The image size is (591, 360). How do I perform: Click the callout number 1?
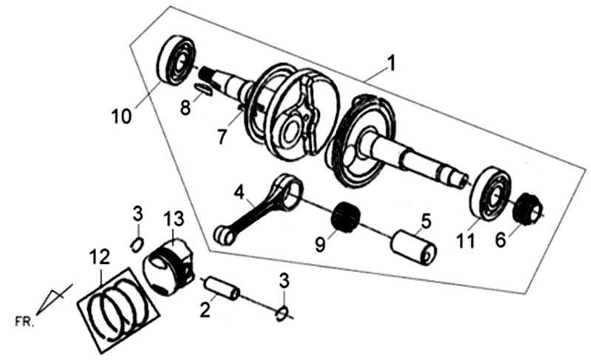[391, 64]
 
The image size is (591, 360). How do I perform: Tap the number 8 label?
[185, 107]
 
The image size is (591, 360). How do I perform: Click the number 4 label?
[238, 194]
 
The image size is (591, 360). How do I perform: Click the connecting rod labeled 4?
[259, 207]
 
